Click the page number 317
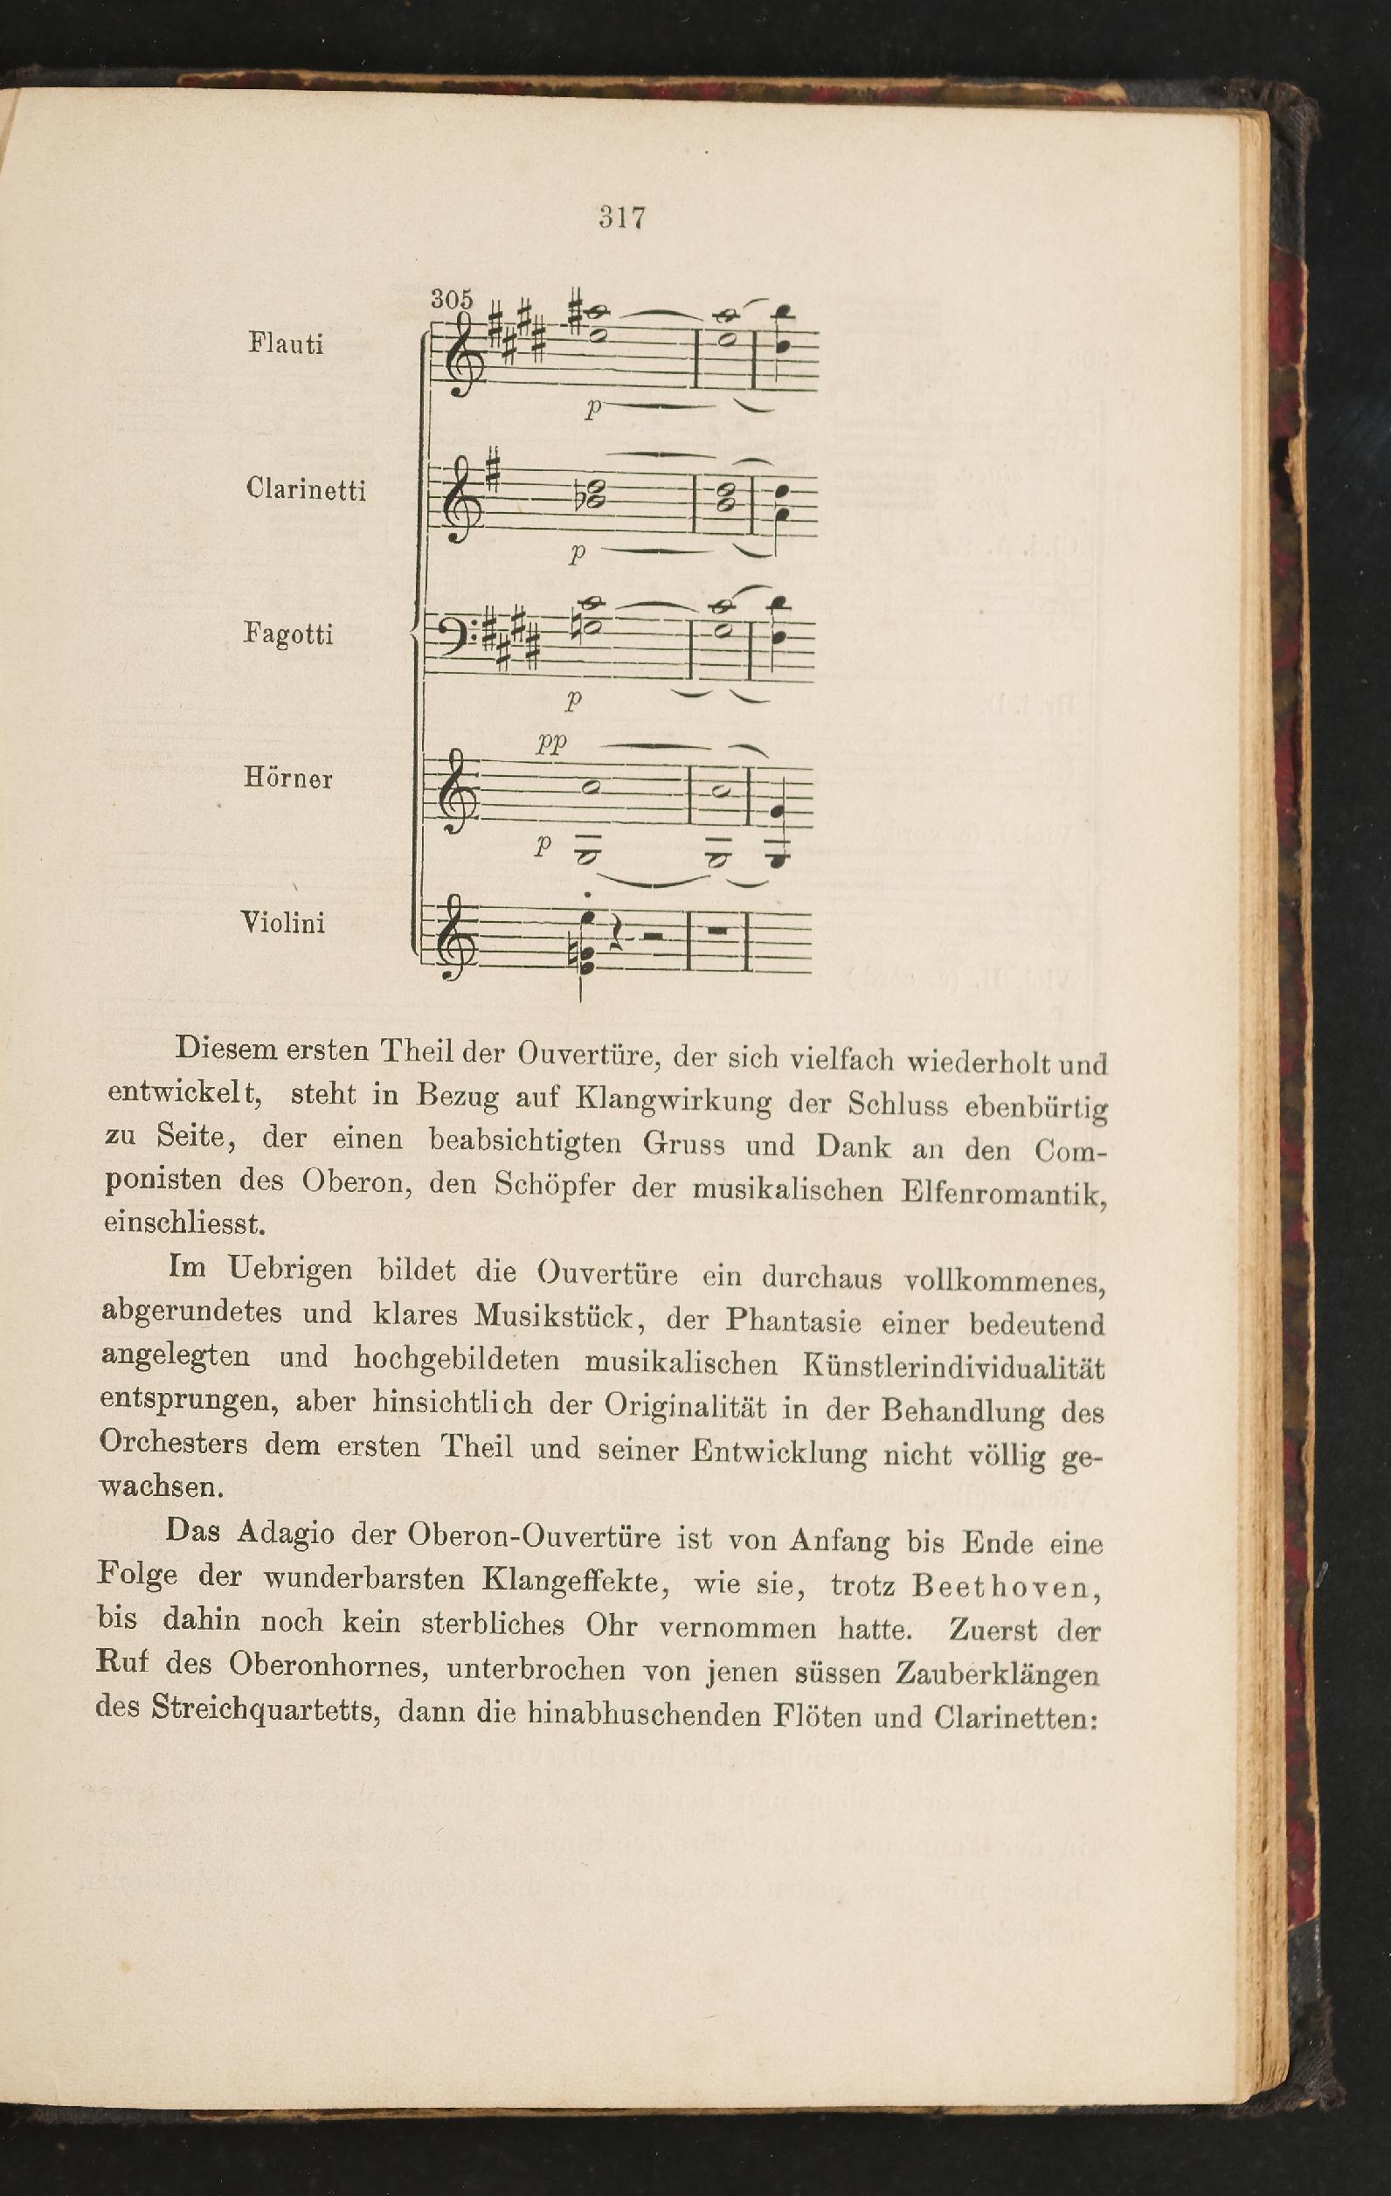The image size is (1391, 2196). [623, 218]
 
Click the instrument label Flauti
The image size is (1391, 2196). [286, 344]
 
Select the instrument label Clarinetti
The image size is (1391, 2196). [306, 489]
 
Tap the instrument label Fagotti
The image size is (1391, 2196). [288, 634]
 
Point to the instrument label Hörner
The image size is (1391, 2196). [288, 778]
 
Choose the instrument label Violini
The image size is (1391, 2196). [283, 923]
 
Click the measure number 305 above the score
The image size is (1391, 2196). [453, 298]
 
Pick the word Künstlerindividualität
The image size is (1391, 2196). [953, 1366]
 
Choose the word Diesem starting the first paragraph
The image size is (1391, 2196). [226, 1049]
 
